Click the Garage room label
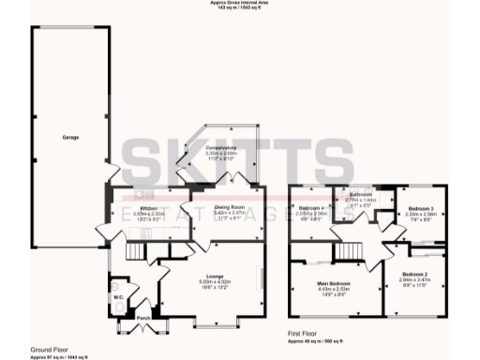[69, 138]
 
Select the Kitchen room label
[148, 208]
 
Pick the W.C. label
[120, 298]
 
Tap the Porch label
[143, 319]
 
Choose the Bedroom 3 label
[420, 208]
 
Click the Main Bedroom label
[333, 282]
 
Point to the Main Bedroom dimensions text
[333, 289]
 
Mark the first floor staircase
[349, 250]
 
